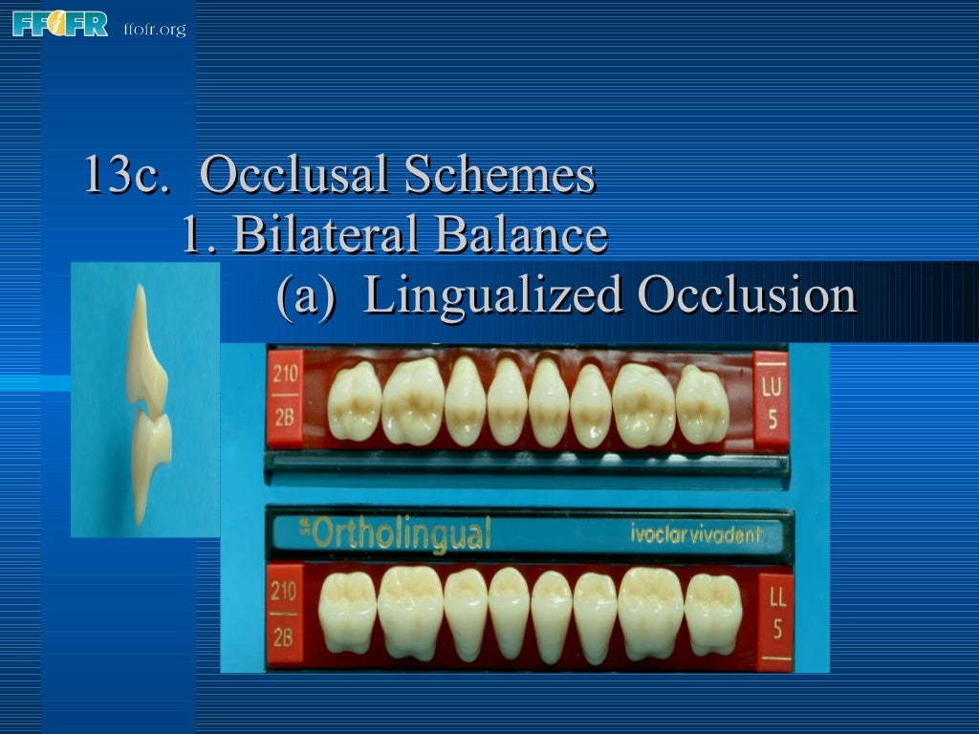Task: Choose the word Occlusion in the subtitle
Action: [747, 295]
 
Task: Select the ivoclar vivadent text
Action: [696, 535]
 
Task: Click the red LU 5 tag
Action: [772, 400]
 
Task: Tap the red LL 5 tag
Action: [775, 619]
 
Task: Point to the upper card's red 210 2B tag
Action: [285, 399]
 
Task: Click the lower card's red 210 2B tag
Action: [284, 615]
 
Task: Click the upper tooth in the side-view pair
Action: [145, 354]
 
